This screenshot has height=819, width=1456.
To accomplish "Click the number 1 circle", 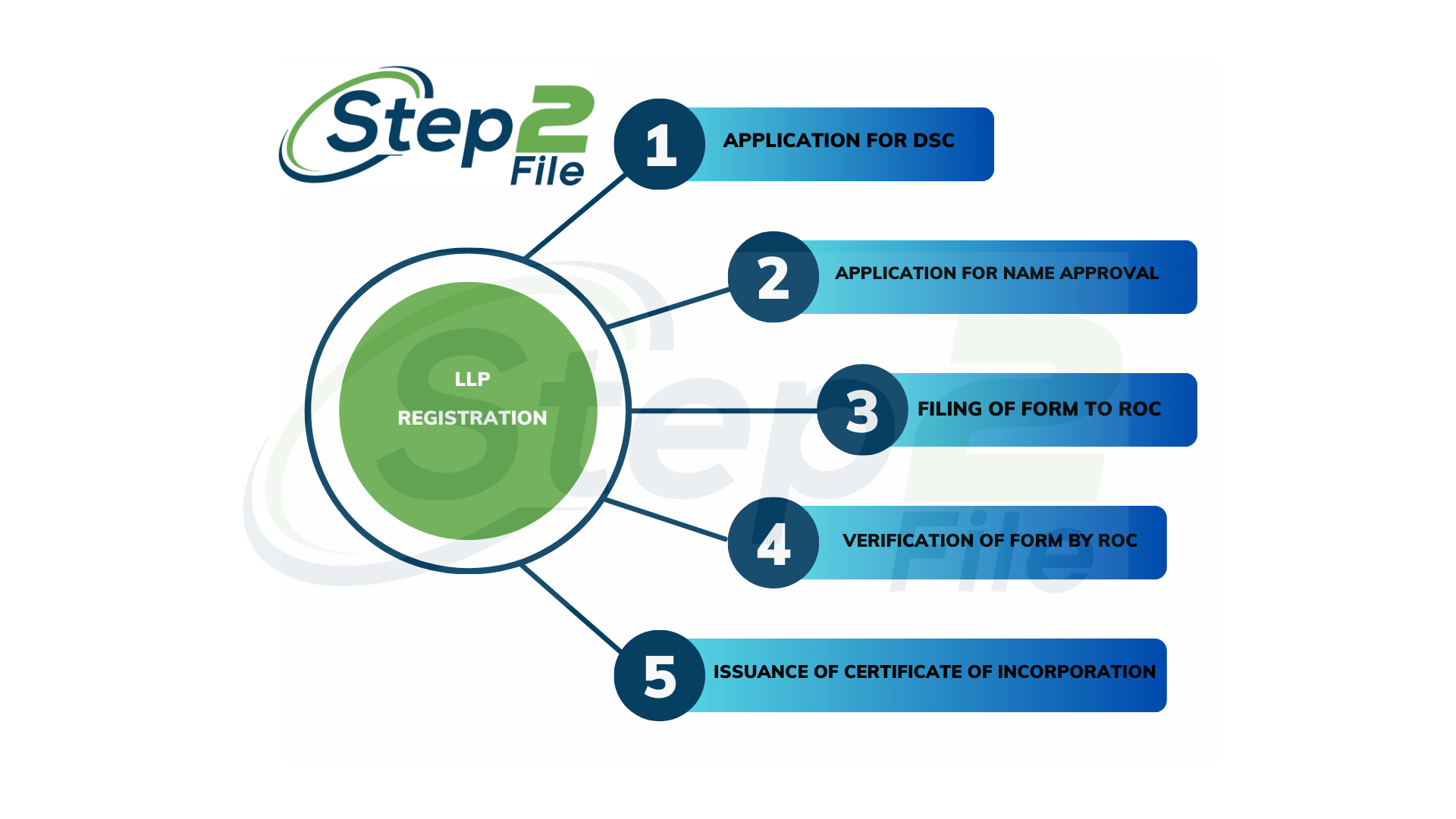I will click(x=659, y=144).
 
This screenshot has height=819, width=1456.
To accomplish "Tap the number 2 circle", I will click(x=773, y=277).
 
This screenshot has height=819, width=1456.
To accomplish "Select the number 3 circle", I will click(x=862, y=410).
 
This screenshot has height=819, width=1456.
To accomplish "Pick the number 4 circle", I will click(x=773, y=543).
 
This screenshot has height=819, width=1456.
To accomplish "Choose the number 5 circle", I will click(x=659, y=676).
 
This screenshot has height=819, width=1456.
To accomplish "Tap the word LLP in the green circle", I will click(x=472, y=379).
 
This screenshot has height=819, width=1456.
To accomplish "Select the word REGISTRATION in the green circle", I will click(x=472, y=418).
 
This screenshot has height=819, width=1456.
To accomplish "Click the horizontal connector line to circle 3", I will click(x=724, y=410).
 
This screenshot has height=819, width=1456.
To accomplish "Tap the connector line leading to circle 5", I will click(x=571, y=608).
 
